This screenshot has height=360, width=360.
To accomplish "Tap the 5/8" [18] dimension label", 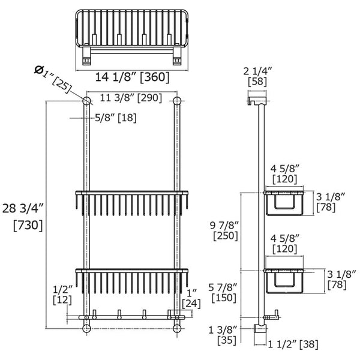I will coord(116,118).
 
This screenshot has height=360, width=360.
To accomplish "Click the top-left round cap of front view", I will coord(86,100).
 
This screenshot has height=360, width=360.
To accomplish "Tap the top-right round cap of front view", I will coord(176,100).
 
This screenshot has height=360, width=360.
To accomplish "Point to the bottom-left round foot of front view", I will coord(86,329).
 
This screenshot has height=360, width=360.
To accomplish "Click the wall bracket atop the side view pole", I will coord(257,98).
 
